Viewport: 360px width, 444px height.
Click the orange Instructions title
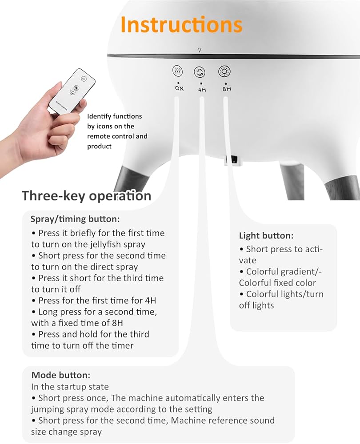[181, 24]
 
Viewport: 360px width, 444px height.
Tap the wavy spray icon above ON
[178, 71]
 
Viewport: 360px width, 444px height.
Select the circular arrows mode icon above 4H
[200, 71]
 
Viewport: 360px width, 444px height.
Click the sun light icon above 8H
[224, 71]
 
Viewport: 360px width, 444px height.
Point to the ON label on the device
[179, 88]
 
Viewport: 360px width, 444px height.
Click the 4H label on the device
[202, 90]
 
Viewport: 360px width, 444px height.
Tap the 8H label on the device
[227, 89]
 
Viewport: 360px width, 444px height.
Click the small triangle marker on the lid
[200, 50]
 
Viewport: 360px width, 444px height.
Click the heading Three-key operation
[87, 196]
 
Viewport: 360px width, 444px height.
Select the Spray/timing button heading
[75, 219]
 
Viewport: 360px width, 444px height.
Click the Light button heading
[266, 236]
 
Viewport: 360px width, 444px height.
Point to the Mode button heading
[61, 375]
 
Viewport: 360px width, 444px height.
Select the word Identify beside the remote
[99, 116]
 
